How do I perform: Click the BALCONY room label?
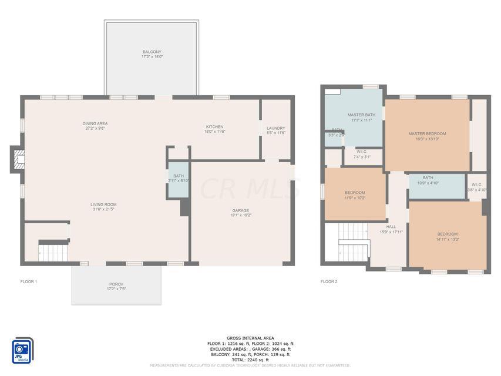152,52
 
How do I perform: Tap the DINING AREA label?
95,123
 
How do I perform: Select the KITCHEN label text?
214,127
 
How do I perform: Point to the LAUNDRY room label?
275,128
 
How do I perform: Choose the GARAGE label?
240,210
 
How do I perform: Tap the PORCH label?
116,284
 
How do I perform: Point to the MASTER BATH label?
361,115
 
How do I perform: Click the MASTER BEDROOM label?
427,134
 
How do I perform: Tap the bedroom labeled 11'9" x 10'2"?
355,193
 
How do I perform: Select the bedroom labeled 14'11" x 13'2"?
447,234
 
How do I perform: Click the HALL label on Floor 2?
391,227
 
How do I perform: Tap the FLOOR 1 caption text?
29,282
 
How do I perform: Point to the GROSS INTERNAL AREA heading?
250,338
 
